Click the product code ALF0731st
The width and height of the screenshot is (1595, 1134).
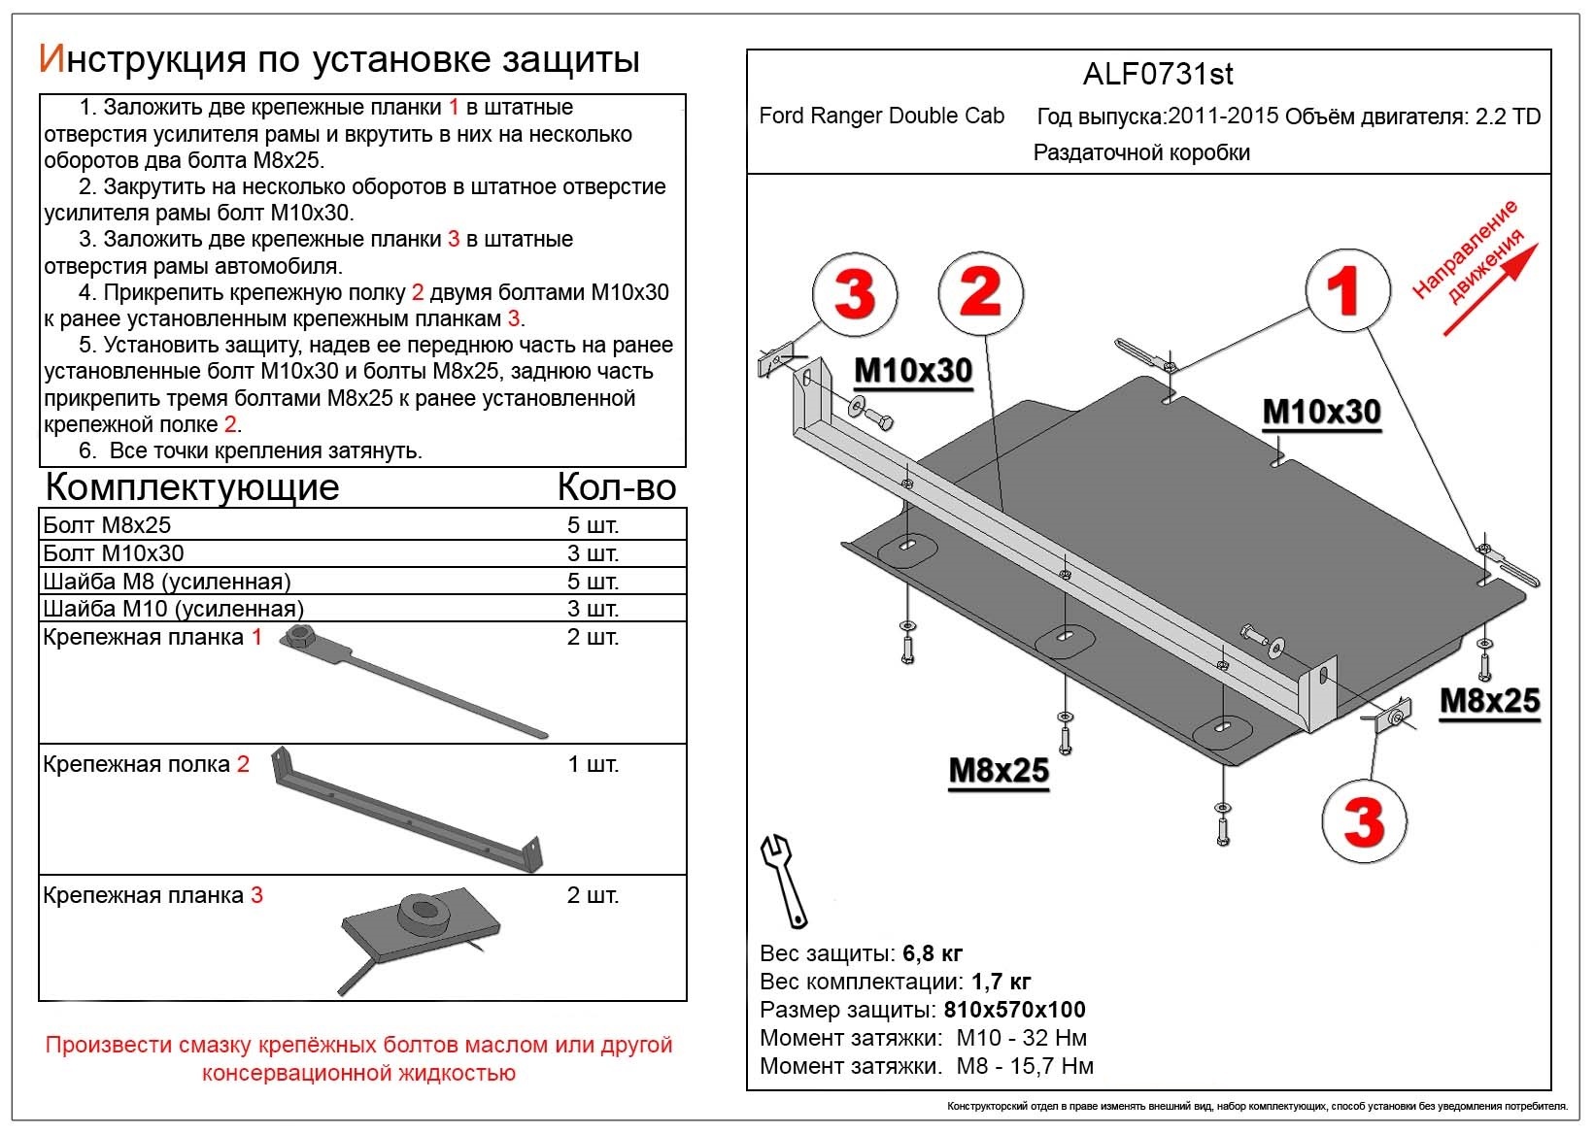(x=1158, y=75)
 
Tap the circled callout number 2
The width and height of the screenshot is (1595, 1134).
(x=981, y=291)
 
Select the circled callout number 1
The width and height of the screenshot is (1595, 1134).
(x=1345, y=290)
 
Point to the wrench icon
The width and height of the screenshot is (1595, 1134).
(x=784, y=880)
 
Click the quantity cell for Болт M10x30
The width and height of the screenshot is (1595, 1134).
(x=593, y=553)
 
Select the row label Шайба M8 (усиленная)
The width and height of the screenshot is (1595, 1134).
(x=167, y=582)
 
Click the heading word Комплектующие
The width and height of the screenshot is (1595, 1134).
(x=192, y=486)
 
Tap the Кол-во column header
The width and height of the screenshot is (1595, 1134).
(x=617, y=486)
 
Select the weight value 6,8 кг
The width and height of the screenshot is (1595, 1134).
(x=933, y=952)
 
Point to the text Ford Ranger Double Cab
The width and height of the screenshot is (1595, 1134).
(x=881, y=117)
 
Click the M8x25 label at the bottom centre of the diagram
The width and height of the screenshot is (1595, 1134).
(x=999, y=771)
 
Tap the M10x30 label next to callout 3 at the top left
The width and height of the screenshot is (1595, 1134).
(x=913, y=371)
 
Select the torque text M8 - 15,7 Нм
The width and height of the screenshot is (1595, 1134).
(x=1025, y=1066)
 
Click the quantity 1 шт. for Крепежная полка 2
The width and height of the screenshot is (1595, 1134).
(x=593, y=764)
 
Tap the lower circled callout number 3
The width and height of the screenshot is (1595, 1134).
(x=1364, y=821)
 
